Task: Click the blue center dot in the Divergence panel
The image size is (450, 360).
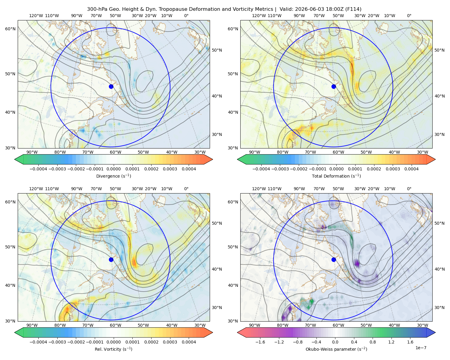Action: [x=111, y=87]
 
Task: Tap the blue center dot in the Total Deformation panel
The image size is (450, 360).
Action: [x=334, y=87]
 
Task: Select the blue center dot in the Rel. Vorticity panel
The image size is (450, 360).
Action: [x=111, y=259]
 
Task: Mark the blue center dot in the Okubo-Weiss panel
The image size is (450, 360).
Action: [x=334, y=259]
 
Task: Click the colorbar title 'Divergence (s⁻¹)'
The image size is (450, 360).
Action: [x=113, y=176]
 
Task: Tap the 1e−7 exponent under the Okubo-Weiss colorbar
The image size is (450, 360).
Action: [x=421, y=348]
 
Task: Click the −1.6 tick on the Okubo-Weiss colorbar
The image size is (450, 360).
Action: [x=260, y=342]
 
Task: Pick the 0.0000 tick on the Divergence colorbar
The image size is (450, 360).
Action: [x=113, y=169]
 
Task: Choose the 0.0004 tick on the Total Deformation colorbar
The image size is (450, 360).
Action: [x=411, y=169]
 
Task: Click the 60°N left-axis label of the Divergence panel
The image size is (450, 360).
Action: [x=10, y=29]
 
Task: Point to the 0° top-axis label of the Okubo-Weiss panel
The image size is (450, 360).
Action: [x=409, y=189]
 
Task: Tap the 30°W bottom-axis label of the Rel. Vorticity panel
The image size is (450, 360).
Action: [x=200, y=325]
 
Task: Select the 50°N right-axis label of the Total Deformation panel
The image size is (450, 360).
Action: [x=439, y=50]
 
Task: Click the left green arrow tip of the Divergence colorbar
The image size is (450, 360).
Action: [x=15, y=159]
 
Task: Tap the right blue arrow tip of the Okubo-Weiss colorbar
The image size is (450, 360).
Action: [x=435, y=332]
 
